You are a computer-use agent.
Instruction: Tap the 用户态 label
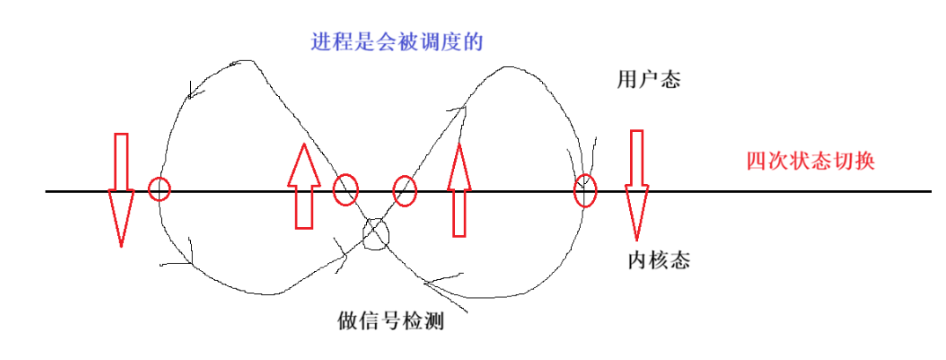[649, 79]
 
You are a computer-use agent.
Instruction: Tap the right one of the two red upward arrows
[458, 189]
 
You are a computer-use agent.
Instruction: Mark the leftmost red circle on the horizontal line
[159, 188]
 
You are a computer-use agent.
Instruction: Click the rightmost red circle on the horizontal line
[585, 190]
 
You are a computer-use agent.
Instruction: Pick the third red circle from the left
[405, 190]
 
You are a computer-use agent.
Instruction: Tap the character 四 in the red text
[756, 162]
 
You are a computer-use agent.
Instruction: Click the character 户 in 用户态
[649, 79]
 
